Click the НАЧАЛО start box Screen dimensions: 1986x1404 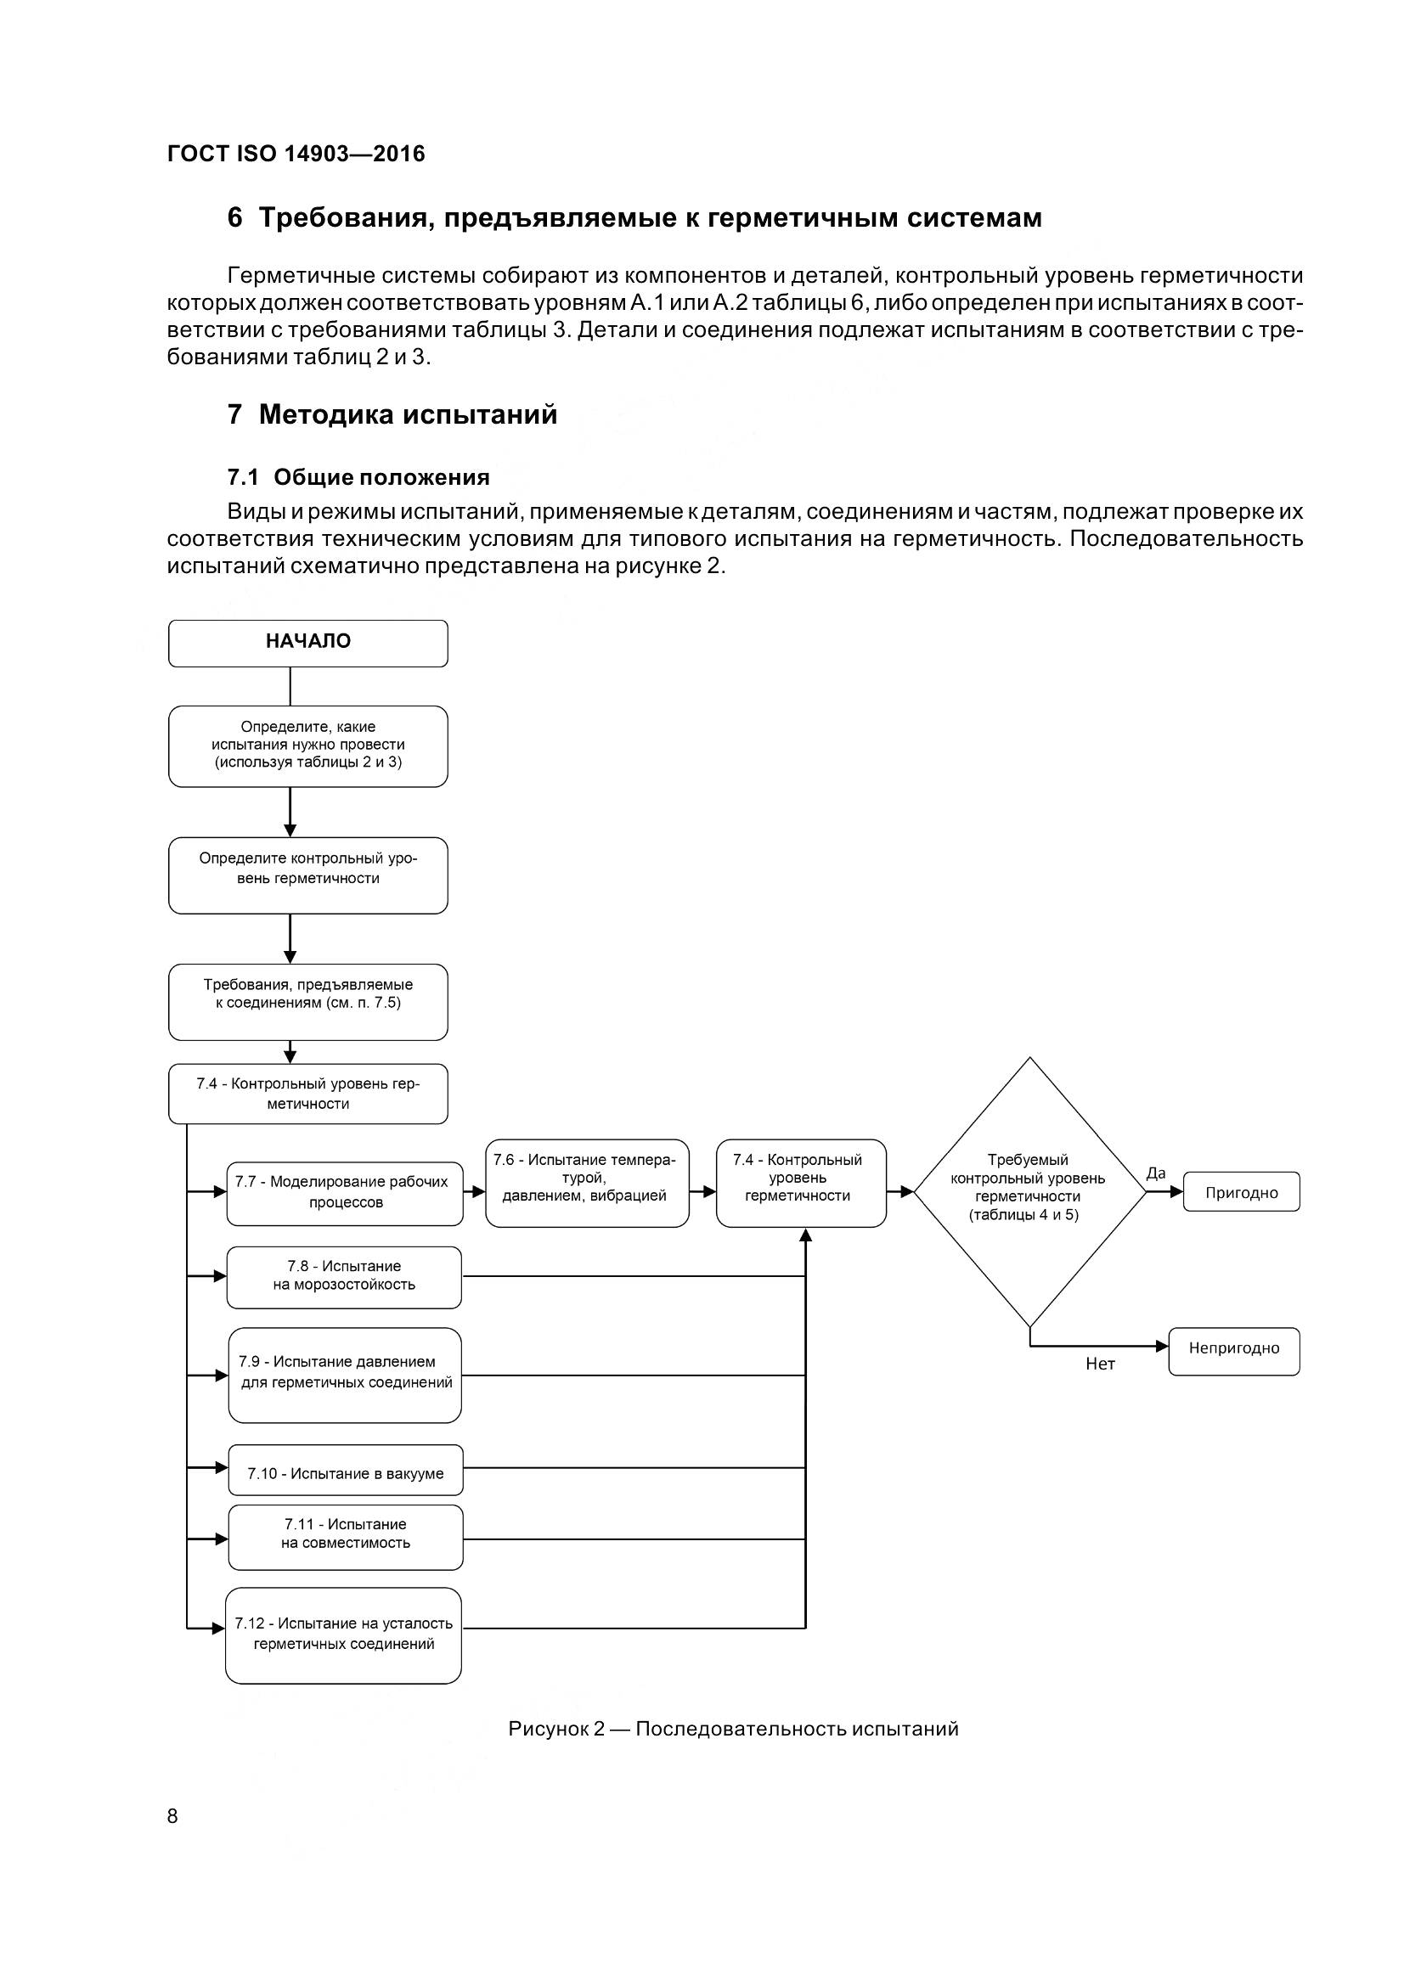[x=308, y=643]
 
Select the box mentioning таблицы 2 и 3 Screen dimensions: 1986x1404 [x=308, y=745]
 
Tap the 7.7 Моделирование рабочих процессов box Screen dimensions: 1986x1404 [x=344, y=1193]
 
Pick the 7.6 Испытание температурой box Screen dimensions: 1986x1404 [x=587, y=1183]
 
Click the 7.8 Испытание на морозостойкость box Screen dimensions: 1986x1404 [x=344, y=1277]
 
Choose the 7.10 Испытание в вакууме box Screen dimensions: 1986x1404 [x=345, y=1473]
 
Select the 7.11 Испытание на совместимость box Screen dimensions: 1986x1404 [x=345, y=1537]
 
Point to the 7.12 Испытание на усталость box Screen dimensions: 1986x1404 [x=343, y=1634]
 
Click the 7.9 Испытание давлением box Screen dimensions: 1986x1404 [x=345, y=1375]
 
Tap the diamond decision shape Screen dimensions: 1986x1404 [x=1029, y=1191]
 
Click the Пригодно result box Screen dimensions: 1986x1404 [x=1242, y=1192]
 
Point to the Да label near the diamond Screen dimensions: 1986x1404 [x=1156, y=1173]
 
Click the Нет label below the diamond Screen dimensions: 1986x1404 [x=1099, y=1364]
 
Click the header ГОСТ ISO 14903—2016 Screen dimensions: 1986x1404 [x=296, y=154]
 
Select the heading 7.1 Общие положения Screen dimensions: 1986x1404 [x=358, y=477]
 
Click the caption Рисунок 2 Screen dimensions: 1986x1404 [x=733, y=1729]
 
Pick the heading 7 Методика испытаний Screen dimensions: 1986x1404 [x=392, y=415]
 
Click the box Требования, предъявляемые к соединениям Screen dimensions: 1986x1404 [x=308, y=1001]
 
